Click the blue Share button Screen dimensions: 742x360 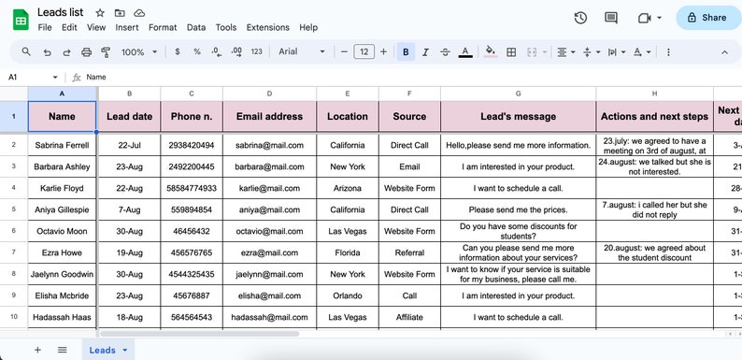[706, 17]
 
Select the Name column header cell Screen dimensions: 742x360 [62, 117]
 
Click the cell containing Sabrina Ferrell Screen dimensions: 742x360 [62, 146]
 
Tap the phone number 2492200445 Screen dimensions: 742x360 [192, 167]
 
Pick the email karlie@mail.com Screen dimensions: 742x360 [269, 188]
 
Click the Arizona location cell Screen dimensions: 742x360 [348, 188]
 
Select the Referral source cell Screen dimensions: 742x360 [409, 252]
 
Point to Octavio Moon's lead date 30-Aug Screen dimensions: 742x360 [129, 231]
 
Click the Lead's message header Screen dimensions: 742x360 [518, 117]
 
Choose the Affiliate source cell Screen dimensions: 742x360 [409, 317]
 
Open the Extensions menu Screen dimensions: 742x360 [267, 28]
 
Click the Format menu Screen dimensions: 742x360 [163, 28]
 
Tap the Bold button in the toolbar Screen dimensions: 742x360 [406, 52]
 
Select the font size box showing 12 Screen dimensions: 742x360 [364, 52]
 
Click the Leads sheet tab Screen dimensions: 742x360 [104, 350]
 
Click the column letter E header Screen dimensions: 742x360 [348, 94]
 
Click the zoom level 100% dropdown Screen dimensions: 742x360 [138, 52]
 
